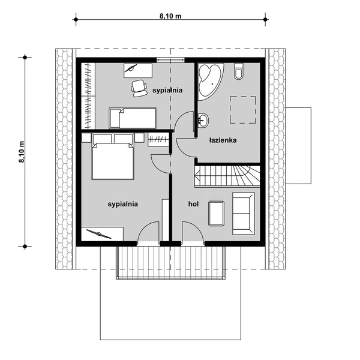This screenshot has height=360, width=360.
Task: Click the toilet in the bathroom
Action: coord(238,71)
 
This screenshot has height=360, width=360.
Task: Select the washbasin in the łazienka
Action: coord(203,121)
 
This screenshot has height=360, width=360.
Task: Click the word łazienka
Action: coord(223,140)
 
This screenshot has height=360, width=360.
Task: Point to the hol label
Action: coord(194,204)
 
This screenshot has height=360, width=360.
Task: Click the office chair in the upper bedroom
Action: coord(139,88)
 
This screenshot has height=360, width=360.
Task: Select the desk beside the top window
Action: coord(138,71)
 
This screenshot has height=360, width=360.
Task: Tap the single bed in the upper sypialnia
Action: coord(133,118)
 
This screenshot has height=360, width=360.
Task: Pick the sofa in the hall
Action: coord(244,214)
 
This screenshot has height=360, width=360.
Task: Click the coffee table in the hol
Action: coord(216,214)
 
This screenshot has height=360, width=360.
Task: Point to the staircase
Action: coord(227,176)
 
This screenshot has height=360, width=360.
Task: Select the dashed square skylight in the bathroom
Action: coord(243,110)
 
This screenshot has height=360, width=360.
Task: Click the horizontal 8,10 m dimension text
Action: coord(170,16)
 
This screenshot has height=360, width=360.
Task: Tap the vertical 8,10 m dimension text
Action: coord(22,152)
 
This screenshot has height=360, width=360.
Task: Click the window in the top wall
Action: coord(170,60)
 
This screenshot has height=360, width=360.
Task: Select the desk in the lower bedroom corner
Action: coord(102,234)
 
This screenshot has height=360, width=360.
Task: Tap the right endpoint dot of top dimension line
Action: coord(265,20)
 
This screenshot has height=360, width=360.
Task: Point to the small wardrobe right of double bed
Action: coord(158,140)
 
